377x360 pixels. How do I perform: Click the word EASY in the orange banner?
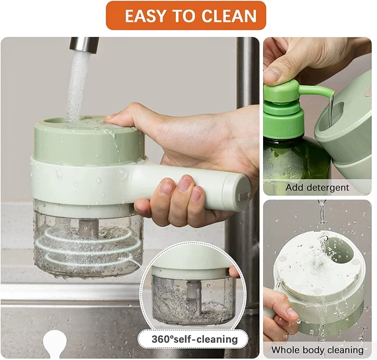145,16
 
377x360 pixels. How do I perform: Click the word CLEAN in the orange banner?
229,16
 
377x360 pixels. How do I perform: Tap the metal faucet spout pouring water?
83,45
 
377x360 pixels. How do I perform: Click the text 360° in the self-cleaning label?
162,340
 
